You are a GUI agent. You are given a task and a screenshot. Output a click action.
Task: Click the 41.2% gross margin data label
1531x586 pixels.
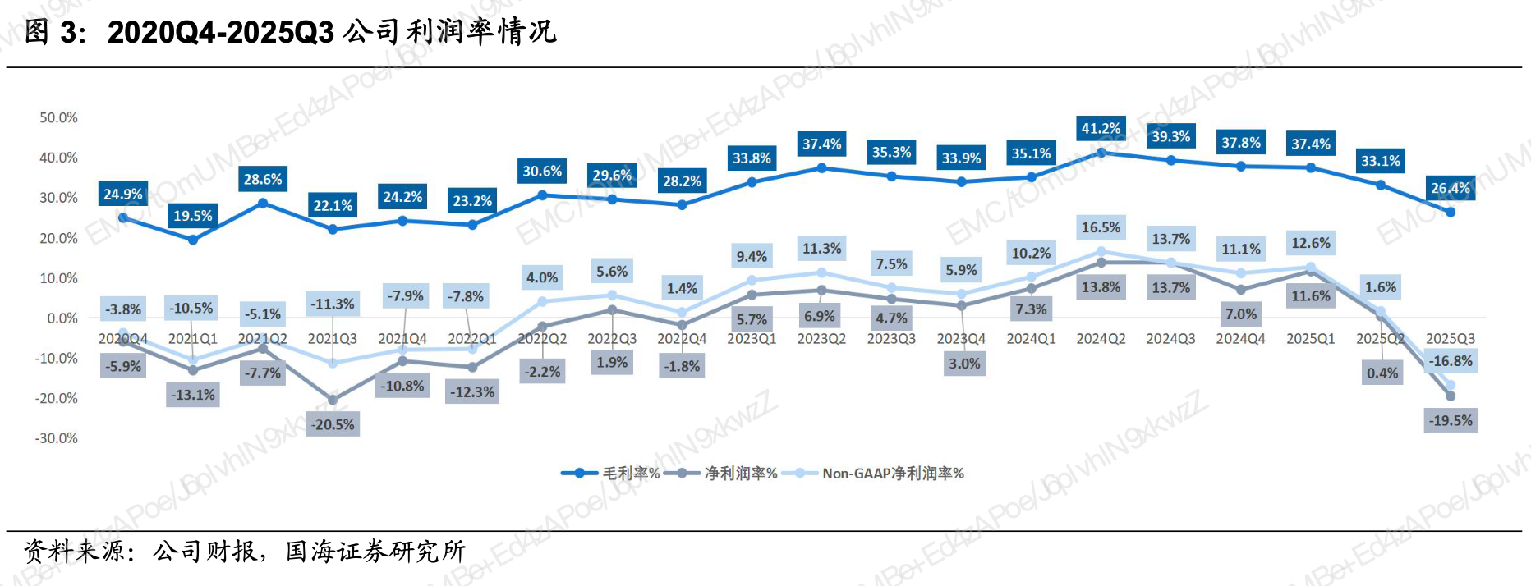coord(1101,128)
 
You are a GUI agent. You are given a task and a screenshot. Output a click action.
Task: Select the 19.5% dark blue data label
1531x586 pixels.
coord(193,216)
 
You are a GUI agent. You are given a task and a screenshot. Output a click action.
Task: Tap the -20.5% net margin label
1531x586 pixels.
coord(333,424)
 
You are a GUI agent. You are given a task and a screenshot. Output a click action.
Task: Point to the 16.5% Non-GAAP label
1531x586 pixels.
coord(1101,227)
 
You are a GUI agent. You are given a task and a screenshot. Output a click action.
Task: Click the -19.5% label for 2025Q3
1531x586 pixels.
coord(1451,420)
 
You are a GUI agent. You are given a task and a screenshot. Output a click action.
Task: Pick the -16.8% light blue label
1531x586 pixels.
coord(1451,361)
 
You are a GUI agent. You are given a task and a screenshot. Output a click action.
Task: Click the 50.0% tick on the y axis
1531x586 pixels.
coord(58,118)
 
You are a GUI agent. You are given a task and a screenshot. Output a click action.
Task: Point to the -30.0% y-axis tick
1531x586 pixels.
coord(57,438)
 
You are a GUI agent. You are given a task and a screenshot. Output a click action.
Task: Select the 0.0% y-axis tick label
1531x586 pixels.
coord(62,318)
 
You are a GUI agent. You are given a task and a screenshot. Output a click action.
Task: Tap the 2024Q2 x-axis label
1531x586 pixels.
coord(1101,339)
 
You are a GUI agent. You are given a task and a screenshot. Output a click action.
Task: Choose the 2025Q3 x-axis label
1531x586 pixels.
coord(1451,339)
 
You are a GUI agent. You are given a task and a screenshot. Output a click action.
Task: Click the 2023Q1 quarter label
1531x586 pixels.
coord(752,339)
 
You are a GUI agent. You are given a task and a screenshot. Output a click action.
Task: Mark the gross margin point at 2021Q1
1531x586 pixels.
coord(193,240)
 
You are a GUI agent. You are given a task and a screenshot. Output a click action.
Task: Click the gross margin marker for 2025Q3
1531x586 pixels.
coord(1451,213)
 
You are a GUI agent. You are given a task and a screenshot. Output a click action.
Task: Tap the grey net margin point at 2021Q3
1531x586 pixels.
coord(333,401)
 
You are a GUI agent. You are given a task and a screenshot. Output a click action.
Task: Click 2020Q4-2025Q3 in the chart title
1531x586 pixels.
coord(221,33)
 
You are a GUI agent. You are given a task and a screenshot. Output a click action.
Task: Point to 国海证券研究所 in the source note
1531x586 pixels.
coord(375,551)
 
